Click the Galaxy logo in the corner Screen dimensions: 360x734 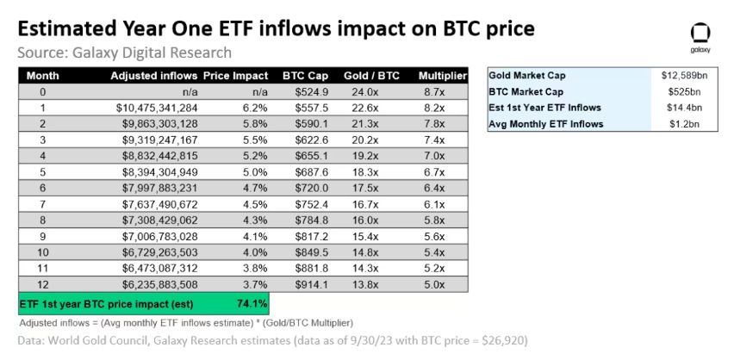(x=700, y=36)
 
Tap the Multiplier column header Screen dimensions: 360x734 (x=442, y=76)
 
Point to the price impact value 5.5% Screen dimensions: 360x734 (x=254, y=139)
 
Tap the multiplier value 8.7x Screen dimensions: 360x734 (x=443, y=91)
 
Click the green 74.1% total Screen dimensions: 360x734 (x=252, y=303)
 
